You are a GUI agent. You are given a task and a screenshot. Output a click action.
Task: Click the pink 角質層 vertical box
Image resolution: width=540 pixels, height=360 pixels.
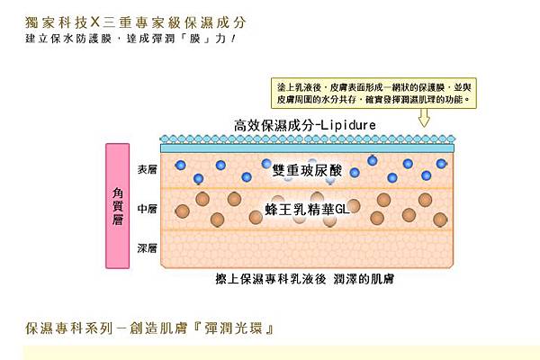(118, 203)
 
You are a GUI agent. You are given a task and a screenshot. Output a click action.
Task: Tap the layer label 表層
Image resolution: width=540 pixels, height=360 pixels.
(147, 169)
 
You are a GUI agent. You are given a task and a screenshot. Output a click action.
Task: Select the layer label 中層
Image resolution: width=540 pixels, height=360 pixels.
(147, 209)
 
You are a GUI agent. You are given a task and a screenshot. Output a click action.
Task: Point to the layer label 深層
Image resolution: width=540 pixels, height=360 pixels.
(147, 245)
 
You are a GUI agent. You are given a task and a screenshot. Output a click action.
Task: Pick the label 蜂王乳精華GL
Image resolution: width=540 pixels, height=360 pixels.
(307, 208)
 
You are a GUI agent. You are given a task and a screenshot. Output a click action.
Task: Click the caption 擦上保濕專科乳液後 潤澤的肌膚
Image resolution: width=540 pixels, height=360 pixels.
(305, 279)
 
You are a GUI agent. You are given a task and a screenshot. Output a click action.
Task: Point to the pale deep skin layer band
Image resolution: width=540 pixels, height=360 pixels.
(307, 247)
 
